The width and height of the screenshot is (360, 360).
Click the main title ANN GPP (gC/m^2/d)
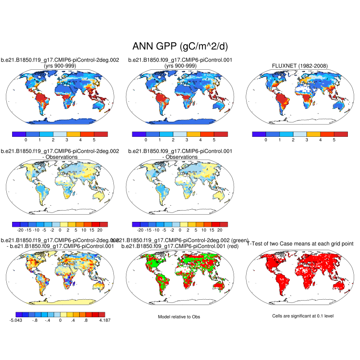click(x=180, y=46)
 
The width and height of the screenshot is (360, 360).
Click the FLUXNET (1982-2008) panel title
click(x=300, y=66)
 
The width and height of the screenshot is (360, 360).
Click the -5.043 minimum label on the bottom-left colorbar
click(x=16, y=320)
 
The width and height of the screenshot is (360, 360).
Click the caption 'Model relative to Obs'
click(x=179, y=317)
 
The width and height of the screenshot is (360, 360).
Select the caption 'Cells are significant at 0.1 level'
click(x=303, y=316)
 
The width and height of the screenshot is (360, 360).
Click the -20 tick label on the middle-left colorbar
click(x=20, y=229)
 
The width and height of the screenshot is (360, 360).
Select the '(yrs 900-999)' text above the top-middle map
click(x=180, y=66)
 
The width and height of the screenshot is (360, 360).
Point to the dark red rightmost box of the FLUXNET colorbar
click(x=341, y=134)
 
